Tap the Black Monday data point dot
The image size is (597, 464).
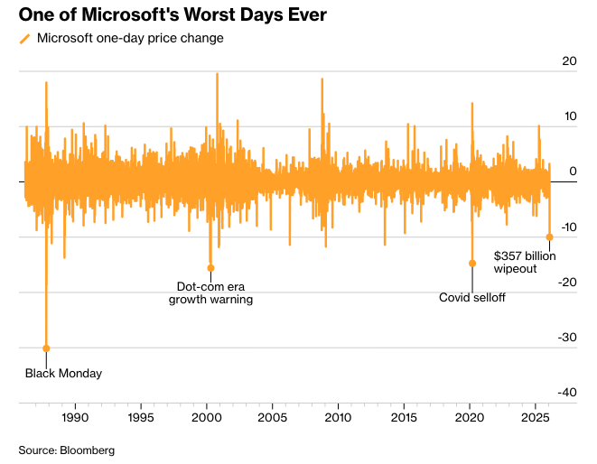click(x=46, y=348)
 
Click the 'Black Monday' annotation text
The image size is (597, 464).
click(x=63, y=373)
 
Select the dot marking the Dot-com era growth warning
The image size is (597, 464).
click(x=210, y=267)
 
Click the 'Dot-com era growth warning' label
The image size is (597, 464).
click(x=210, y=292)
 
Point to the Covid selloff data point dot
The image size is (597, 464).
click(x=471, y=263)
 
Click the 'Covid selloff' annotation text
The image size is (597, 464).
click(x=471, y=297)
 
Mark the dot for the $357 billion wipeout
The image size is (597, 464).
click(x=550, y=237)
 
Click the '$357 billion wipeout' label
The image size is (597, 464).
click(x=525, y=262)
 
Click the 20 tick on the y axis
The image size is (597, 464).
click(x=569, y=61)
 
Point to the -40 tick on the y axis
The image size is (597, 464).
click(x=566, y=392)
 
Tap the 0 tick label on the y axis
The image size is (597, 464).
click(x=573, y=172)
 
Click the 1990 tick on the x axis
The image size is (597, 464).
click(x=75, y=418)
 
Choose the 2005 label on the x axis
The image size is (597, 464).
click(x=272, y=418)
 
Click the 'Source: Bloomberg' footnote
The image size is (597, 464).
click(x=67, y=449)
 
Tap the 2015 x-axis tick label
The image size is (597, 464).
click(x=404, y=418)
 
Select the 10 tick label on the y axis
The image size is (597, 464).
click(x=569, y=116)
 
